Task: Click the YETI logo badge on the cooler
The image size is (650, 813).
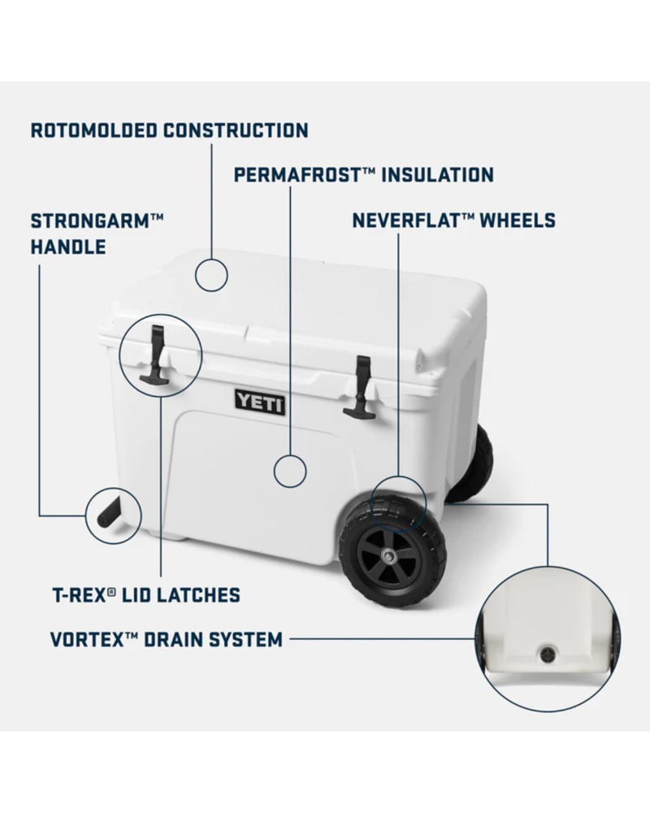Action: [260, 400]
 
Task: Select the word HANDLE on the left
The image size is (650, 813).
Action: [68, 246]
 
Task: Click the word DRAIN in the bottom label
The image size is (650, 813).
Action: [178, 640]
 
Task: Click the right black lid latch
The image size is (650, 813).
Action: [360, 389]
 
